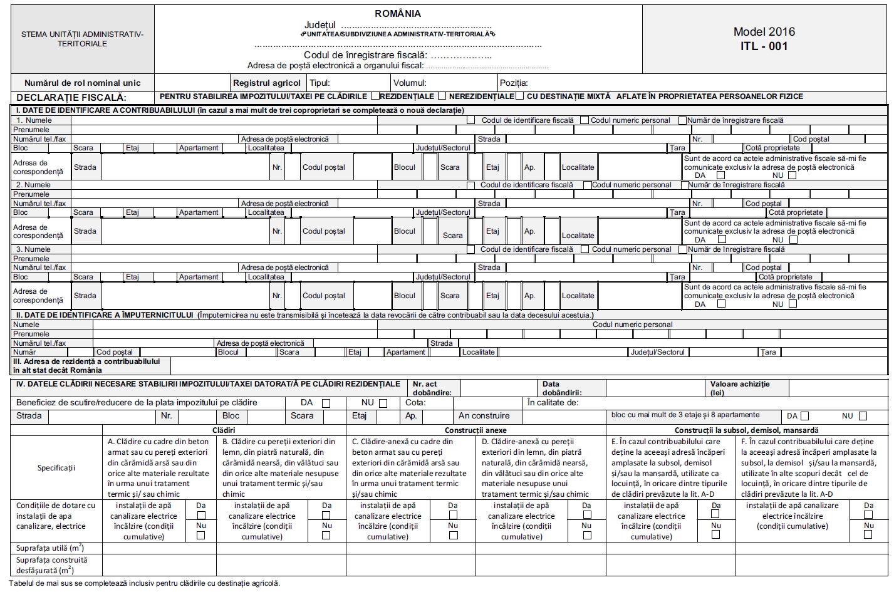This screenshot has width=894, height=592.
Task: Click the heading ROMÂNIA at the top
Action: [x=398, y=14]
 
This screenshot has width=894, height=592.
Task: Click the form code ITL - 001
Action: [x=764, y=46]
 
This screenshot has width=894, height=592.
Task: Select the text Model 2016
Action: [x=764, y=32]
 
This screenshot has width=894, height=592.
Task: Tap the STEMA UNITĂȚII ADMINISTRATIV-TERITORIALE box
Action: [x=82, y=39]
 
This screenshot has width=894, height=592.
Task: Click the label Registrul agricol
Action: [x=267, y=83]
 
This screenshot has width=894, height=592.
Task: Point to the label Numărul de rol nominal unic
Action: [x=82, y=83]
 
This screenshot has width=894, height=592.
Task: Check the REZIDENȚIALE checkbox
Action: [x=375, y=96]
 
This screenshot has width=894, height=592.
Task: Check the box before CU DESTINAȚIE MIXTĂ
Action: [x=520, y=96]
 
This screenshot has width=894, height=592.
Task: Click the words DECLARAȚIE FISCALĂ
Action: [x=71, y=98]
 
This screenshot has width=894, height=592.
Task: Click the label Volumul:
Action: [x=410, y=83]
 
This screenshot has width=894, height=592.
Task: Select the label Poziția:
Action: [x=514, y=83]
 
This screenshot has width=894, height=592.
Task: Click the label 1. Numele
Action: [x=34, y=120]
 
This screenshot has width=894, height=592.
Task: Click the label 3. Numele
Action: [x=34, y=249]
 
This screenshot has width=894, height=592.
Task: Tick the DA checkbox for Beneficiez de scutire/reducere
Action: [x=326, y=403]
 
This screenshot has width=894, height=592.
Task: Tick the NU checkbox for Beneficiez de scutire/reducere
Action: [x=383, y=403]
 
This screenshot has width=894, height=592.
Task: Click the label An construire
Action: [x=484, y=416]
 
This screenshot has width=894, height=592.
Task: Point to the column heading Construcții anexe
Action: [x=476, y=430]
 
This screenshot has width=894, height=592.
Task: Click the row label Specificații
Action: [x=56, y=468]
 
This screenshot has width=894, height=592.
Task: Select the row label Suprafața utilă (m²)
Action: [x=50, y=548]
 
